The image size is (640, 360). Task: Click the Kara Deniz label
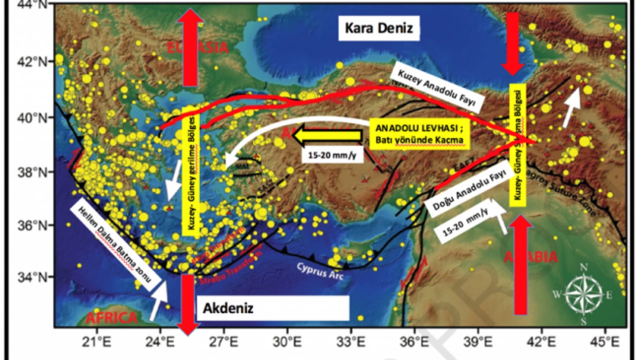coord(378,28)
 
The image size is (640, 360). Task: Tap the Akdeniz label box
coord(273,308)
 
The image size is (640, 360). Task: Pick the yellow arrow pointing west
coord(326,135)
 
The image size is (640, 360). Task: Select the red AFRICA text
coord(111,318)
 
